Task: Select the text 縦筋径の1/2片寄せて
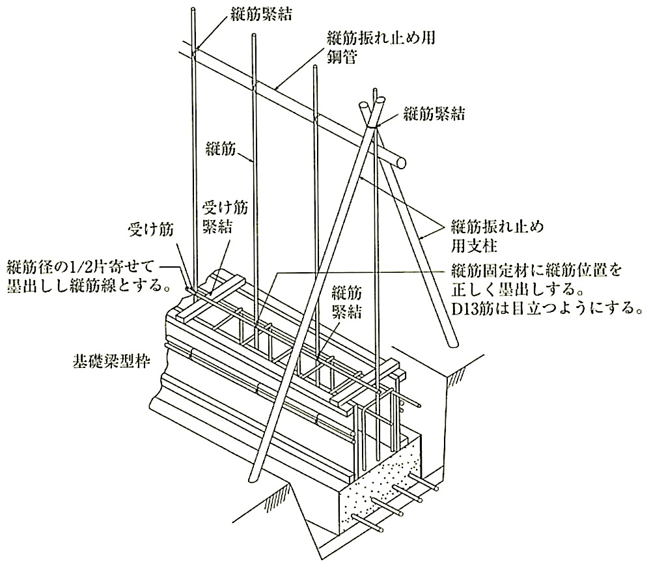[x=79, y=266]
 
